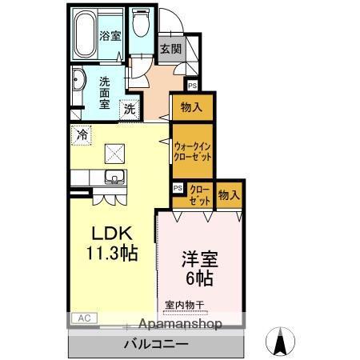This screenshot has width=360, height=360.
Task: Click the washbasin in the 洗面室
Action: (78, 82)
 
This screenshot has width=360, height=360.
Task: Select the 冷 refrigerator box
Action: (81, 135)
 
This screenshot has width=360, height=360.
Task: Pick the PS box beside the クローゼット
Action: (178, 188)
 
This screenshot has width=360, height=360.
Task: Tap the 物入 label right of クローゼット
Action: (229, 194)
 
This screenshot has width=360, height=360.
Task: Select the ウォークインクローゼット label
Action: (192, 152)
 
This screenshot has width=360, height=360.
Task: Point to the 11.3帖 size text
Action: (112, 254)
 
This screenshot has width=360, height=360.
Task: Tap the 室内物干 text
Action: (184, 305)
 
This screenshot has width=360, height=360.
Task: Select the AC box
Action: (83, 318)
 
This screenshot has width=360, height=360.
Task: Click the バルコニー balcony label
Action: (155, 344)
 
